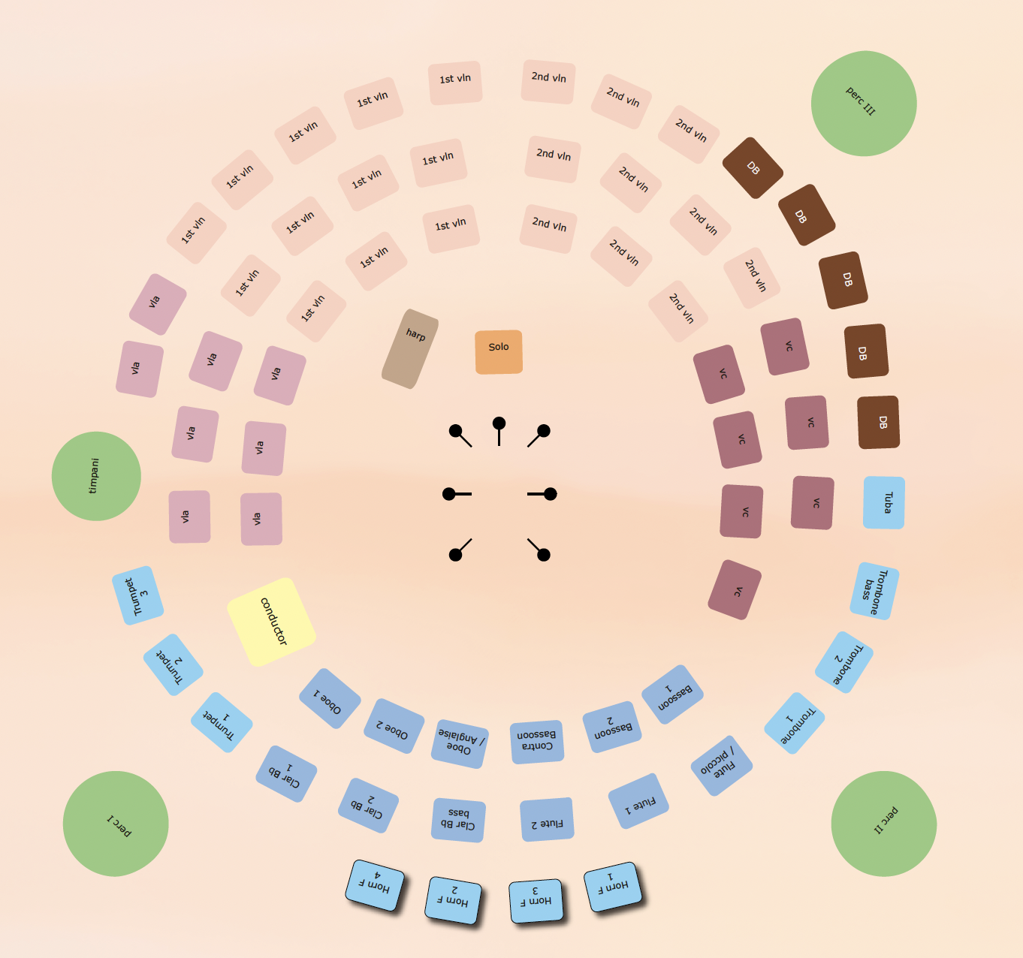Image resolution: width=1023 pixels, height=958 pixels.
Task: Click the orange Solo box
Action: tap(499, 352)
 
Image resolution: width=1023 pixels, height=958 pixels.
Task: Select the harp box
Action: tap(410, 348)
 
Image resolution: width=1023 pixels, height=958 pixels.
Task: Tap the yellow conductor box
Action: tap(271, 622)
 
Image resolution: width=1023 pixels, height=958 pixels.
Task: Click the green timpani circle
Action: tap(96, 476)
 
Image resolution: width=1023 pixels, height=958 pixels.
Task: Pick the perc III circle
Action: tap(864, 104)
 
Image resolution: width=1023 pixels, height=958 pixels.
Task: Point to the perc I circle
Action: tap(116, 824)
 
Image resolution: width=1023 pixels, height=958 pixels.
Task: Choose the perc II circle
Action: tap(884, 824)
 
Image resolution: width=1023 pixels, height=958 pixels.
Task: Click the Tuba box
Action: tap(884, 502)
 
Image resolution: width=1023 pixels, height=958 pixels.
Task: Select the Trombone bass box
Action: tap(874, 591)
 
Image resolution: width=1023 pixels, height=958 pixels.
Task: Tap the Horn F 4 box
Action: tap(375, 885)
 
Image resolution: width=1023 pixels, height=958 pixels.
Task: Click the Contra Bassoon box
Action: tap(537, 741)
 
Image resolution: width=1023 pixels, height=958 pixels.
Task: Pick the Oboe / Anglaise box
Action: tap(460, 743)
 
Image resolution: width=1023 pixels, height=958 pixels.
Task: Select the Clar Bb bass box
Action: tap(458, 820)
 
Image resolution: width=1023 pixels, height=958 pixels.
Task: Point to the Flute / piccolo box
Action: tap(721, 765)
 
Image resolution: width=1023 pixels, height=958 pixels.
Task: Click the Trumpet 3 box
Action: tap(138, 595)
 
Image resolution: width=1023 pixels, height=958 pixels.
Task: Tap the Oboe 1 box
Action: tap(330, 698)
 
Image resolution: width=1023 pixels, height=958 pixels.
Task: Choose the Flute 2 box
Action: tap(547, 819)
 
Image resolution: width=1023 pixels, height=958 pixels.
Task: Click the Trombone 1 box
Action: tap(795, 723)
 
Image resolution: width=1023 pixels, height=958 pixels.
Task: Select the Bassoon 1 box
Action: tap(672, 694)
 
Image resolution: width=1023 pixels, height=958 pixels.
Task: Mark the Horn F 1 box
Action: tap(613, 887)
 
